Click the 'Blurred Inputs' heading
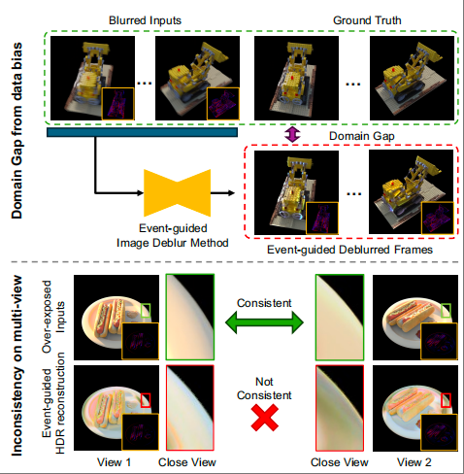[x=145, y=20]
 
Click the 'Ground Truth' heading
[x=367, y=20]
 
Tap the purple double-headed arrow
[x=292, y=134]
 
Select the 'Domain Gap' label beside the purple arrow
[x=362, y=136]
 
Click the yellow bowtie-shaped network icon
[x=177, y=192]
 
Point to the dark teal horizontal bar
[x=142, y=132]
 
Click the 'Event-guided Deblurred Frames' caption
[x=349, y=250]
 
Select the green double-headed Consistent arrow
[x=264, y=322]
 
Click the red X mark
[x=265, y=418]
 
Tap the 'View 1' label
[x=114, y=462]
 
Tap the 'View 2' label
[x=414, y=462]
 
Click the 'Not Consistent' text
[x=264, y=389]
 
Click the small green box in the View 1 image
[x=146, y=310]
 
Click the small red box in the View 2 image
[x=446, y=400]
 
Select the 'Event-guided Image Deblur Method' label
[x=173, y=235]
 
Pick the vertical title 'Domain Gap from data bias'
[x=17, y=130]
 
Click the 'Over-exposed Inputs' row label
[x=53, y=317]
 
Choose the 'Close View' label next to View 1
[x=187, y=462]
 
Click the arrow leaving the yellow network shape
[x=222, y=193]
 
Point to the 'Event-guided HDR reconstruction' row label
[x=53, y=403]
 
